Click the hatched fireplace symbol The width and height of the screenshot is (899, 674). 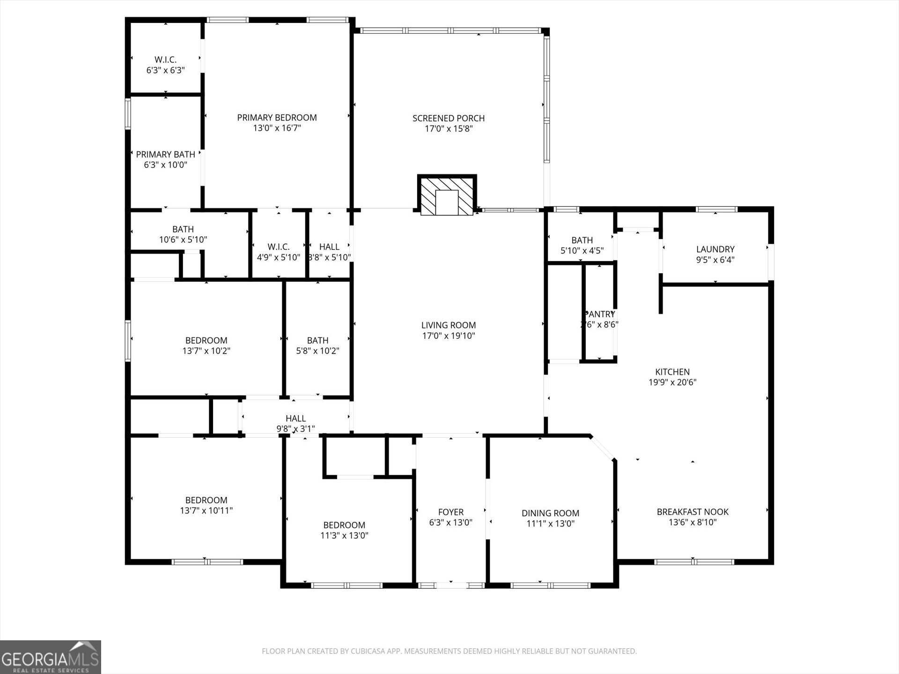[x=447, y=196]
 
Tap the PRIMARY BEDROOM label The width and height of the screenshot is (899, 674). [x=277, y=117]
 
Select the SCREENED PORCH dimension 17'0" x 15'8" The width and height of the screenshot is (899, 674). [x=449, y=129]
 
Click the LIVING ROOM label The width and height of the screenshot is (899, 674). [x=449, y=325]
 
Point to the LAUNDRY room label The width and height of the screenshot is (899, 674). [x=715, y=249]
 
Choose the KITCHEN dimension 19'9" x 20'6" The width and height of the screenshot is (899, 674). [x=672, y=382]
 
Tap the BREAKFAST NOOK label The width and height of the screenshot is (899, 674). [x=693, y=512]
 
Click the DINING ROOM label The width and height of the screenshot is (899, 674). [x=550, y=513]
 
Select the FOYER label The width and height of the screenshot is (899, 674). [x=450, y=512]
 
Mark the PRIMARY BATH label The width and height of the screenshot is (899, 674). [x=165, y=154]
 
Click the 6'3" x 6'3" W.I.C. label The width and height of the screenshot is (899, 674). [x=165, y=65]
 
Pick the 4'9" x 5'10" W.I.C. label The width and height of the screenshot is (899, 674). [x=279, y=252]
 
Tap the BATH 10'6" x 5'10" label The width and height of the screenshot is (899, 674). [x=183, y=234]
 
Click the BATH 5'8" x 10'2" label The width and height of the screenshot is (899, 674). [x=317, y=345]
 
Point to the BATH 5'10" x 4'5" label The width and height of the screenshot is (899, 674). [x=582, y=245]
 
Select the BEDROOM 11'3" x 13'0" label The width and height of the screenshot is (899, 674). [x=344, y=530]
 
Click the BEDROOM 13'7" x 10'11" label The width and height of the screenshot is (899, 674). [x=206, y=505]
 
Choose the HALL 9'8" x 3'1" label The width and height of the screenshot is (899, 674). [x=295, y=423]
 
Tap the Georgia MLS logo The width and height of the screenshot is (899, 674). [x=50, y=657]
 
